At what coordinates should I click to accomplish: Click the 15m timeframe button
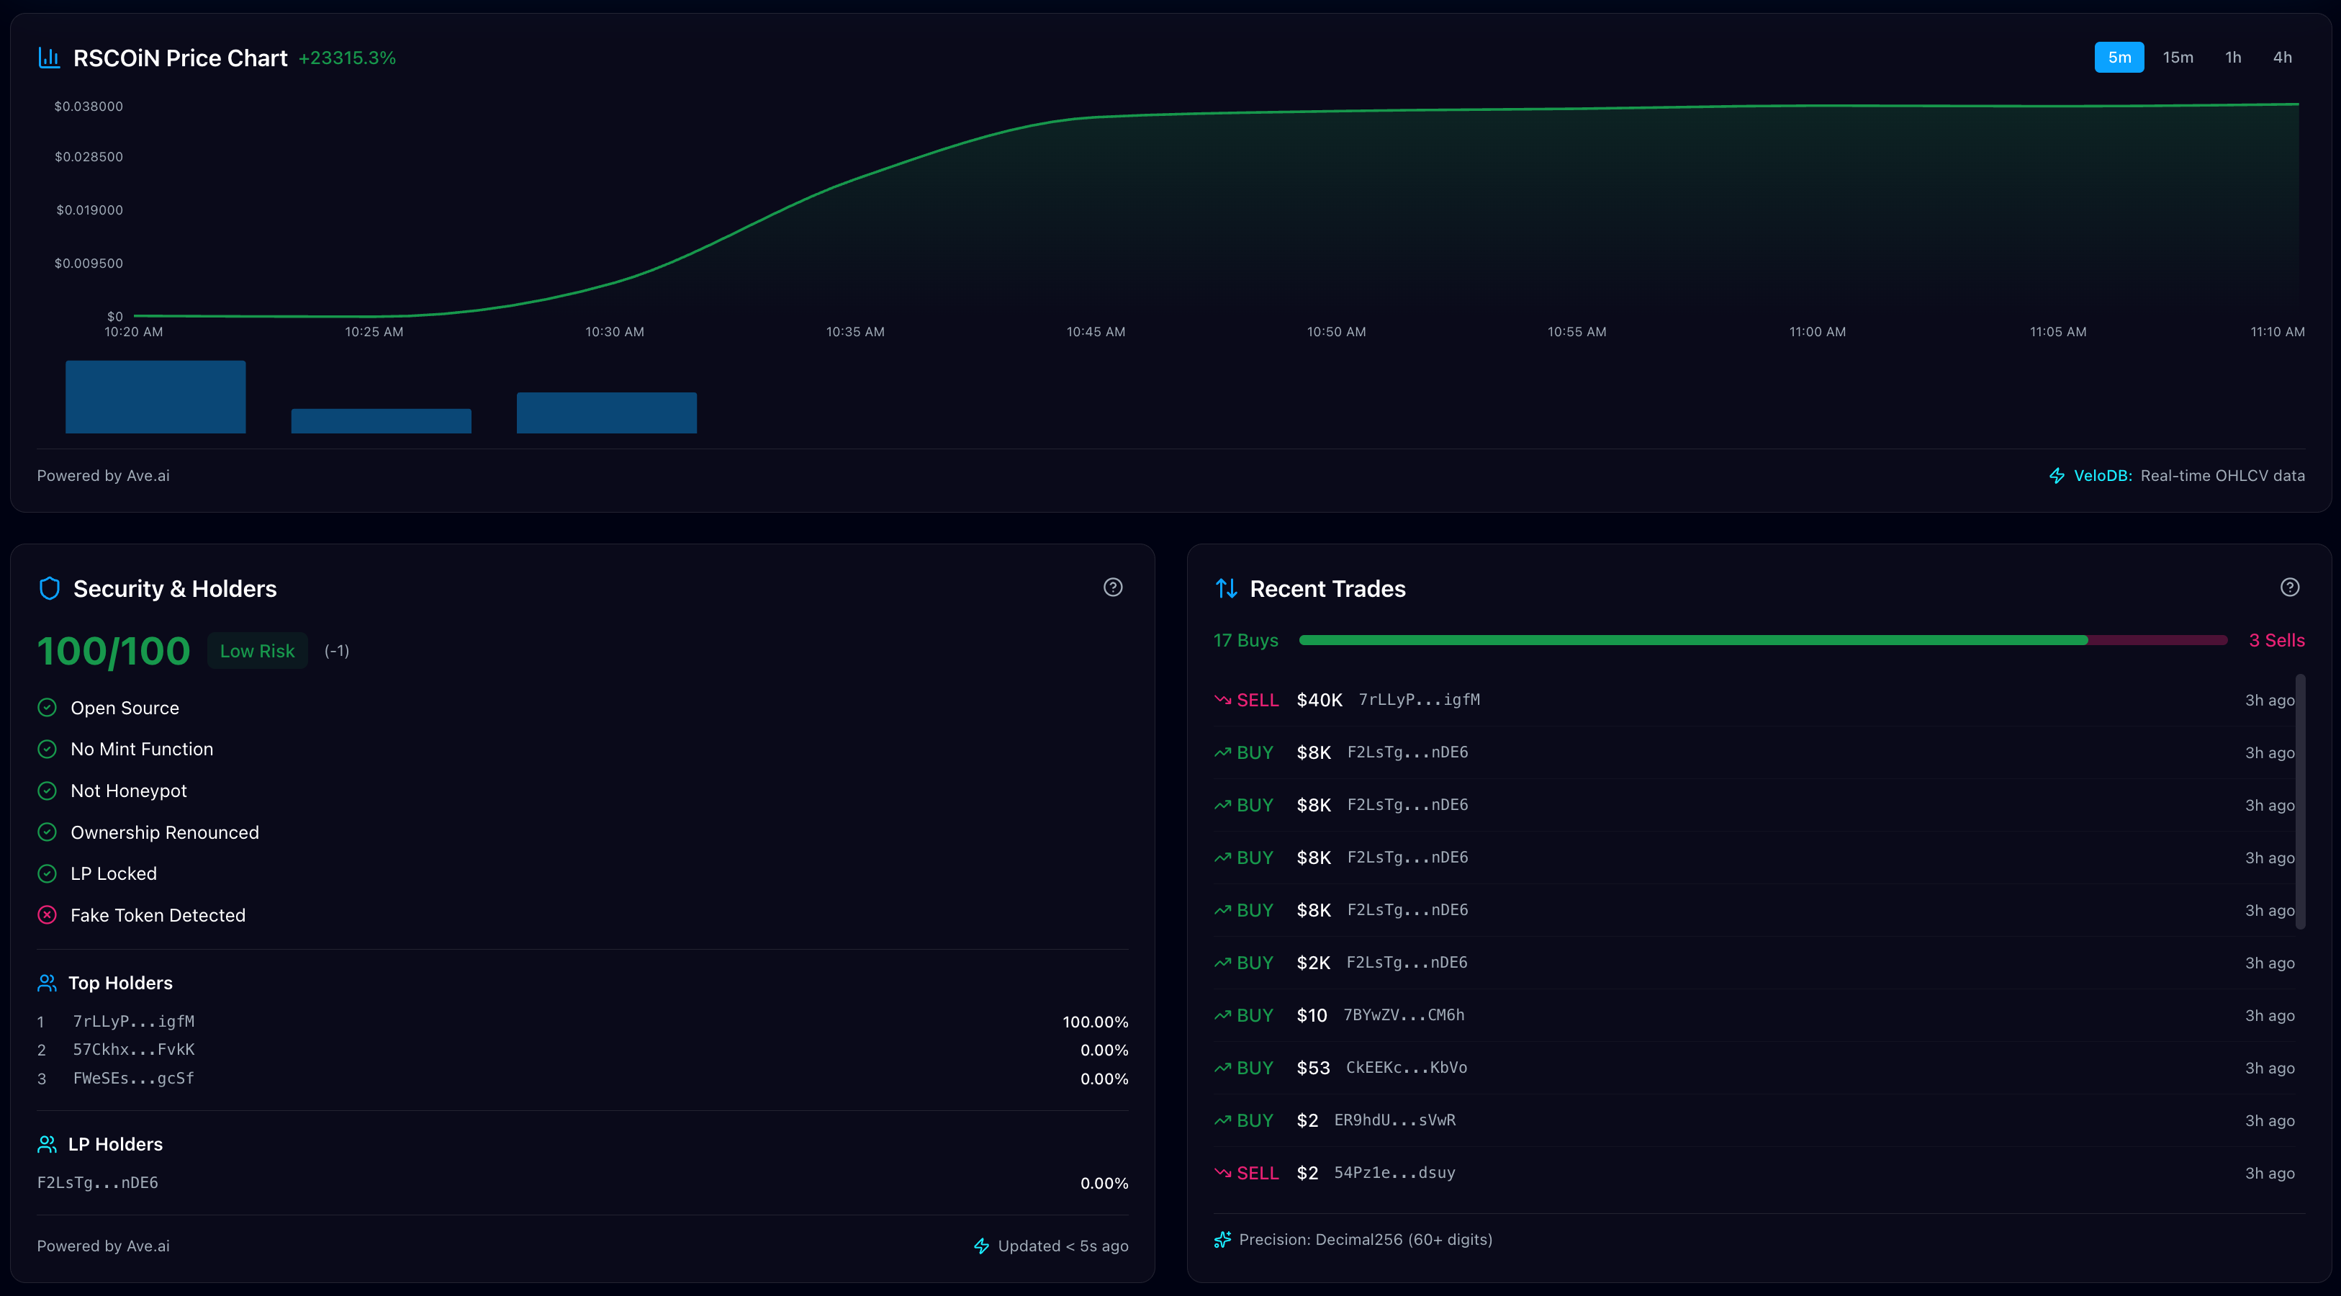pos(2178,58)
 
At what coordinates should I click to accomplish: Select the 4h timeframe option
pos(2282,58)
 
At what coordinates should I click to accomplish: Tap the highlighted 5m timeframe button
pos(2119,58)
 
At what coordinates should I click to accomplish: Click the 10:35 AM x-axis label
pos(854,332)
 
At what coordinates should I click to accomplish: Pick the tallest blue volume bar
pos(155,397)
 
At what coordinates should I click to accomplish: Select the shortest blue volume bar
pos(381,420)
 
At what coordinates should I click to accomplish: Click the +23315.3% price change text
pos(347,58)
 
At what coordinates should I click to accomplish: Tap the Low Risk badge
pos(257,651)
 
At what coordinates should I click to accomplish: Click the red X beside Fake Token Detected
pos(48,915)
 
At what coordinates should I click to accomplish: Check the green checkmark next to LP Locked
pos(48,873)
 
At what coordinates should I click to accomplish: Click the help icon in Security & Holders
pos(1112,587)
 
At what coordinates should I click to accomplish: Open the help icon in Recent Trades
pos(2289,587)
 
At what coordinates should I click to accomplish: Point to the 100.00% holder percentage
pos(1095,1022)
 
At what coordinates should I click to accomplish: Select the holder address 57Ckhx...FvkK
pos(134,1050)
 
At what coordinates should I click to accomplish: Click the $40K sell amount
pos(1319,700)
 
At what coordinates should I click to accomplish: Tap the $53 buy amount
pos(1312,1068)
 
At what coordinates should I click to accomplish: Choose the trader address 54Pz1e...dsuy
pos(1394,1172)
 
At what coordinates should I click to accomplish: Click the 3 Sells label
pos(2276,641)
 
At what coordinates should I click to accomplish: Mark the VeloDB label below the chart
pos(2102,475)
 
